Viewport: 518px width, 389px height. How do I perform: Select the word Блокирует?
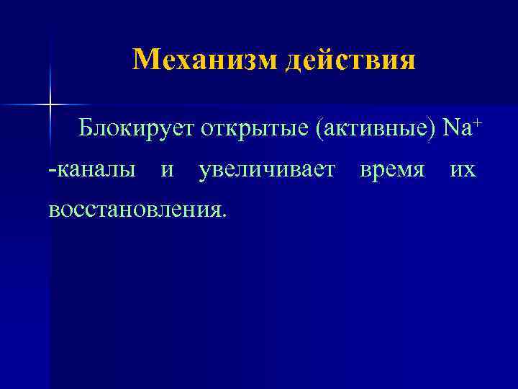point(136,130)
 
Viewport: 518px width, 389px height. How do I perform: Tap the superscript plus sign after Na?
point(476,124)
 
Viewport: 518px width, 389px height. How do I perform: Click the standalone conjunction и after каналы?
point(167,171)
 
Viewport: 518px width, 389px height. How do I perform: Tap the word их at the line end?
point(462,171)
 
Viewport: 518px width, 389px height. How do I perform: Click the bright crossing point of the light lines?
point(50,105)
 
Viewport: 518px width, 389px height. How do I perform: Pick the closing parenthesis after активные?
point(433,130)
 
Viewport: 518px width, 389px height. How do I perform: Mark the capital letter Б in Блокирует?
point(86,130)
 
